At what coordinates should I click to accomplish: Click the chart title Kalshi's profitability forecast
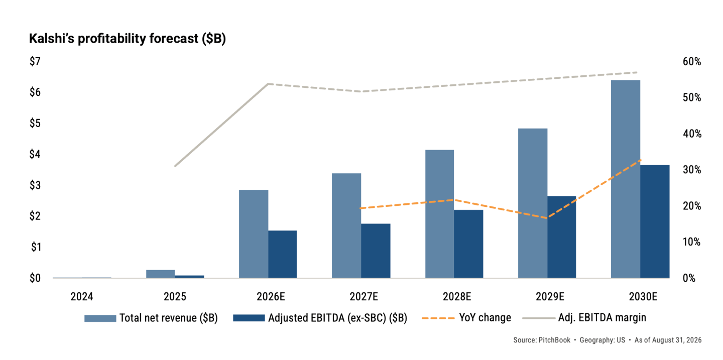(x=127, y=39)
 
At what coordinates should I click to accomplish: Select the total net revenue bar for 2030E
(x=626, y=179)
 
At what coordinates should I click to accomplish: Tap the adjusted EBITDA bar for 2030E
(x=655, y=221)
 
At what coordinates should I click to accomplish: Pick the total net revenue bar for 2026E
(x=254, y=234)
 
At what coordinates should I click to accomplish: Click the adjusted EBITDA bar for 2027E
(x=376, y=251)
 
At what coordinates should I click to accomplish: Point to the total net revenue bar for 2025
(x=161, y=274)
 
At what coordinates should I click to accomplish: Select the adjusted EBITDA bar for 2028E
(x=468, y=244)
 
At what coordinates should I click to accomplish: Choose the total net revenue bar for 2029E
(x=533, y=203)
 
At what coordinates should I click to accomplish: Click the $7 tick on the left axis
(x=35, y=61)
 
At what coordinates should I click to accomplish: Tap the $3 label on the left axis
(x=35, y=185)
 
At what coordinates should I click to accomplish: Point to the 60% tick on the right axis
(x=692, y=61)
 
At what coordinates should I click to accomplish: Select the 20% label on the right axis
(x=692, y=206)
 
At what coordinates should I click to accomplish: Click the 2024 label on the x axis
(x=82, y=296)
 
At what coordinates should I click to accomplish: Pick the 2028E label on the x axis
(x=457, y=296)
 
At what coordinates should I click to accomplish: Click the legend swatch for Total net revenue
(x=100, y=318)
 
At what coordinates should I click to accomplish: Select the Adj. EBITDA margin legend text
(x=602, y=318)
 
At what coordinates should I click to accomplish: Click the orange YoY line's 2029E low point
(x=547, y=218)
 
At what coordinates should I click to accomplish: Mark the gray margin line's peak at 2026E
(x=268, y=84)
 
